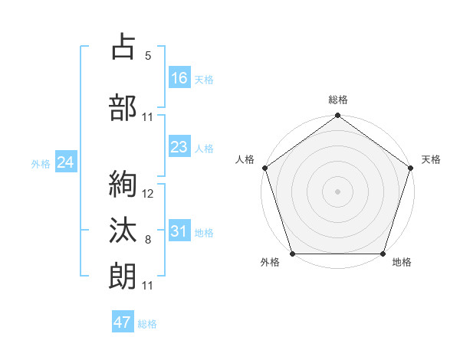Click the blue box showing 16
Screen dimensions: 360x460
[x=179, y=78]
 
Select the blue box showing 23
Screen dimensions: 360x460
[x=179, y=147]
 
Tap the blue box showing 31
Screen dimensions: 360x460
[x=179, y=231]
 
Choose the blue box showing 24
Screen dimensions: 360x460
[x=65, y=162]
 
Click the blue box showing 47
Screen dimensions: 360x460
[x=123, y=322]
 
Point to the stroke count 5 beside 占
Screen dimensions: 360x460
[x=148, y=56]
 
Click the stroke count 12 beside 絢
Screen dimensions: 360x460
[x=148, y=194]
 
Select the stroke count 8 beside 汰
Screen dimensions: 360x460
[x=148, y=240]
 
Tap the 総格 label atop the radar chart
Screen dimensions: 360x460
[x=337, y=100]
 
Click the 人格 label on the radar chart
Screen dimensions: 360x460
[x=245, y=159]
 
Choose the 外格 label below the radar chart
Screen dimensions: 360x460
[x=270, y=263]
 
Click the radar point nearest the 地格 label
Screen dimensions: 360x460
[x=383, y=254]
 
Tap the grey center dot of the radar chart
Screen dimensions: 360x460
[x=337, y=191]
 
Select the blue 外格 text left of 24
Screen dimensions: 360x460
[x=41, y=164]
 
